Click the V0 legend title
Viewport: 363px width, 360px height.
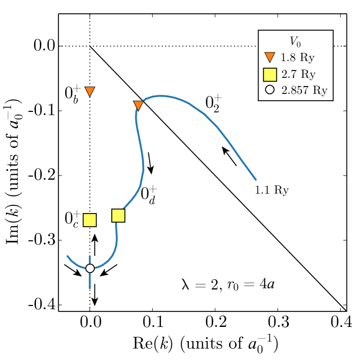click(x=295, y=42)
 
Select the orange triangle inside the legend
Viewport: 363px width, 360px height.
click(x=270, y=57)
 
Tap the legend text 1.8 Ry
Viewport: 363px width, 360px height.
click(x=297, y=57)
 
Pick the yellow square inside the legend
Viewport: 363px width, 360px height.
click(x=270, y=74)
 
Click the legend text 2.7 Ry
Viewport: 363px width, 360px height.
click(x=298, y=74)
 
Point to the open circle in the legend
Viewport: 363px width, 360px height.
click(x=270, y=90)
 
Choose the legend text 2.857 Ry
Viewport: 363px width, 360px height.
click(x=304, y=90)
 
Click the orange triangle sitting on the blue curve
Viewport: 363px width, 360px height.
click(x=138, y=105)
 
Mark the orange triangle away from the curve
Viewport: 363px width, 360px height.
click(x=90, y=91)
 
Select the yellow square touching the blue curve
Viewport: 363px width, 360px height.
click(x=118, y=216)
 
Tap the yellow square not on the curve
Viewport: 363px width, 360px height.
click(x=90, y=220)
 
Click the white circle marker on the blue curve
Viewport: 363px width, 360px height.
click(x=90, y=268)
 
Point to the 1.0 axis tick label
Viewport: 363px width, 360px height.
click(x=348, y=321)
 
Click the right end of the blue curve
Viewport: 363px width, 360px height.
click(x=256, y=180)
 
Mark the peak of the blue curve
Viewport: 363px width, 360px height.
click(x=160, y=96)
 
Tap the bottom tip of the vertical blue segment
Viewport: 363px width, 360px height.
click(x=90, y=288)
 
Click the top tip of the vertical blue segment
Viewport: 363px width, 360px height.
click(x=90, y=256)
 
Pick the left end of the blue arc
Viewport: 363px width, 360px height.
click(x=67, y=255)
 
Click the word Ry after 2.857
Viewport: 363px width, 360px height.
click(x=320, y=90)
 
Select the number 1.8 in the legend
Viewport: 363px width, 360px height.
click(x=288, y=57)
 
